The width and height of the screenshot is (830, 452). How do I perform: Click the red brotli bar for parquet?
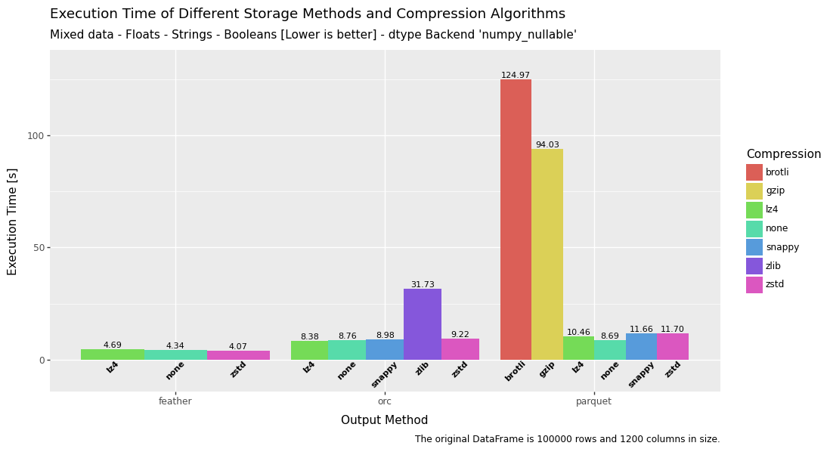click(516, 219)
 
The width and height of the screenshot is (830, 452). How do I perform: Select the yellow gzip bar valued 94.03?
click(547, 254)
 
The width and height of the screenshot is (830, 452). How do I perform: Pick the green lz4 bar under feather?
click(113, 354)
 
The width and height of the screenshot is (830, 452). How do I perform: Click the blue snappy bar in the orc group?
click(385, 349)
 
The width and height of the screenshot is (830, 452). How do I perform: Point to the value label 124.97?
click(516, 76)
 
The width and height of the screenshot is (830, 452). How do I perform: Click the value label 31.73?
click(423, 285)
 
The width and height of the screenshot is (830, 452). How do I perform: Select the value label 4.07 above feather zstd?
click(238, 347)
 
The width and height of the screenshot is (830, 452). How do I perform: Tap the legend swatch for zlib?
click(754, 266)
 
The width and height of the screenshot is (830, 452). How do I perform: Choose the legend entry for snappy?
click(782, 247)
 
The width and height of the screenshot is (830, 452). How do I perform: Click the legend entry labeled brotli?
click(777, 172)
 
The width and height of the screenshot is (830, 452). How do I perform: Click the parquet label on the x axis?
click(593, 401)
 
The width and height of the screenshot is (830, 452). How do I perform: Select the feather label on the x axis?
click(175, 401)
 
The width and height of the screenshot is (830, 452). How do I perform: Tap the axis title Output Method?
click(384, 420)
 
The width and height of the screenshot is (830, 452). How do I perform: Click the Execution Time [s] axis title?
click(13, 221)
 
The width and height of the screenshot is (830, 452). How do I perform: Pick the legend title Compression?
click(783, 154)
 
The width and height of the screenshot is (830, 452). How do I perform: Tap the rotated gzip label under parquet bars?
click(547, 370)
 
